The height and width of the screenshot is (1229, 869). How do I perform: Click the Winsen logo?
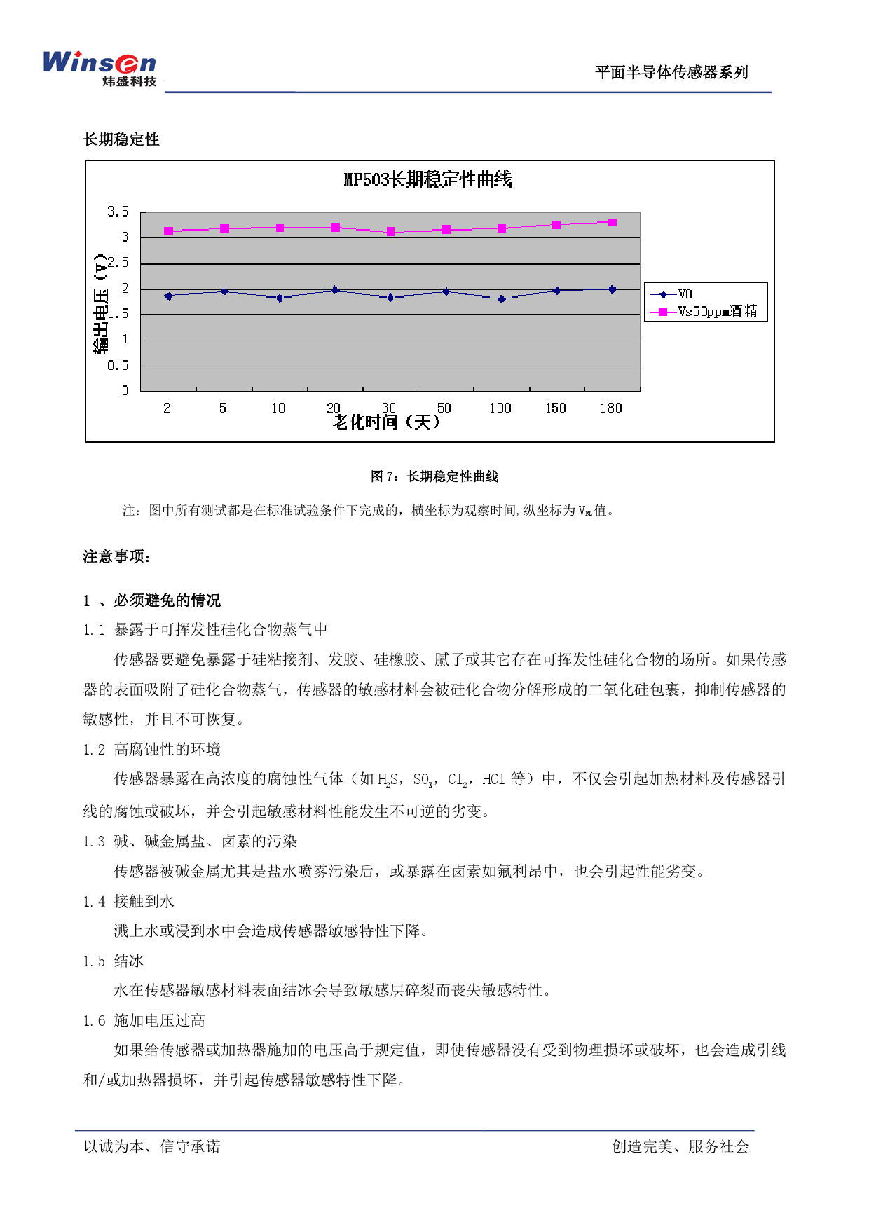100,68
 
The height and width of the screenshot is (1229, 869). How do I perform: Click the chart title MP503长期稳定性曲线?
427,179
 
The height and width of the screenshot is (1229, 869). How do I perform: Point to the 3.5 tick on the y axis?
118,212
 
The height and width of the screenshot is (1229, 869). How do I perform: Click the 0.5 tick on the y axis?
118,365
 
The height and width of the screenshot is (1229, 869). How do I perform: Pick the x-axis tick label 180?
610,408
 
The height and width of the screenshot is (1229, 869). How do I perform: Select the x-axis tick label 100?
500,408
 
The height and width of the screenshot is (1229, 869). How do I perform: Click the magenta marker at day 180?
613,223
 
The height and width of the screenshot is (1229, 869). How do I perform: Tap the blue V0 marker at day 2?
168,296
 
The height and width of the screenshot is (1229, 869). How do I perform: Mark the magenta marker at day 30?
390,231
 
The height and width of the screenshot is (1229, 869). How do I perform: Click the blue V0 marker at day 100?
501,299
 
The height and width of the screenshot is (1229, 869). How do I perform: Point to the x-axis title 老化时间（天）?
387,422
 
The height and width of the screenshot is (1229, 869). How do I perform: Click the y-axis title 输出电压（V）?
102,303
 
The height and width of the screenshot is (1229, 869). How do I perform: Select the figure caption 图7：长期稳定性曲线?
434,476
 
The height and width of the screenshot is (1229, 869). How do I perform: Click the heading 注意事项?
116,557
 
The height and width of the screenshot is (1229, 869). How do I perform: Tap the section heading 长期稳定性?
121,139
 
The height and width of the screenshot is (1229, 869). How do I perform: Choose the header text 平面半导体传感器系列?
671,72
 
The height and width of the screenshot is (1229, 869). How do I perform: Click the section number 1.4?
94,902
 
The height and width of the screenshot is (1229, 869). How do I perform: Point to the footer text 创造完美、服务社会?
680,1146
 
